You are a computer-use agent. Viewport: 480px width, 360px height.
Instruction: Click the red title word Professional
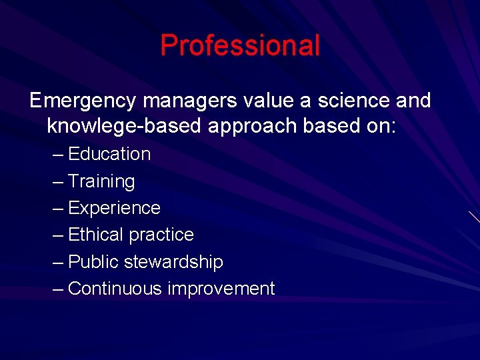(240, 46)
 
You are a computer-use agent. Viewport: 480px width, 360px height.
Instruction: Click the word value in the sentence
(260, 101)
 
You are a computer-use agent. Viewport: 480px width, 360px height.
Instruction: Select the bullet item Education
(109, 154)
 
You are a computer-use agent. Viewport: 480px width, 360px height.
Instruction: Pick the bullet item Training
(101, 181)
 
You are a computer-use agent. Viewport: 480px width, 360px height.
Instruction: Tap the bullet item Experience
(114, 209)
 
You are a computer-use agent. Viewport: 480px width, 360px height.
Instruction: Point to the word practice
(161, 235)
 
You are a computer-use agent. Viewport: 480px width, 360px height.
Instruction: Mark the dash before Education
(58, 155)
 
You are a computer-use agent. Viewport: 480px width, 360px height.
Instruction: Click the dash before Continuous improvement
(58, 289)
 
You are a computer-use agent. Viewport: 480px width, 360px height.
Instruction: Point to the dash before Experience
(58, 209)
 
